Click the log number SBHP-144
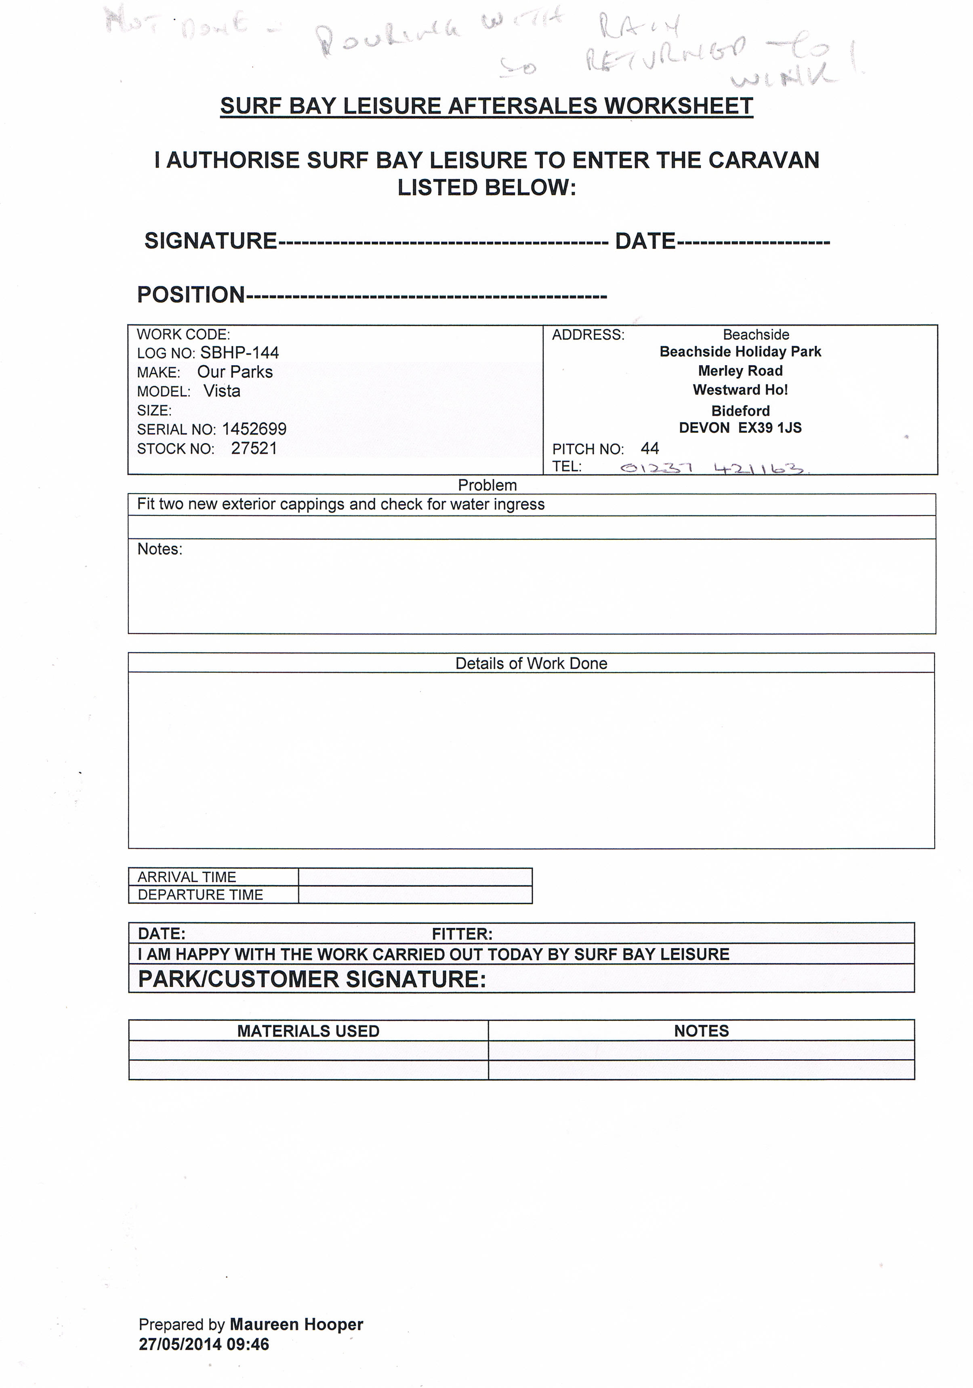240,352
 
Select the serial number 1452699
254,429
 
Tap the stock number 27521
254,448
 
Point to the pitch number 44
649,448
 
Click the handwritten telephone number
713,468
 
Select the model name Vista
222,391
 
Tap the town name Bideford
740,411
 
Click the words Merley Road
740,370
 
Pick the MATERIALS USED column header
308,1031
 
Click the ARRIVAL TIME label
187,877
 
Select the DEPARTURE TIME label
200,895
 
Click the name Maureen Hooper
296,1325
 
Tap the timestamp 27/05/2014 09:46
204,1344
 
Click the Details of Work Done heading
531,663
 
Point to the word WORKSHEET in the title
678,106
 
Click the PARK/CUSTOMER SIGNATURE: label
312,979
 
